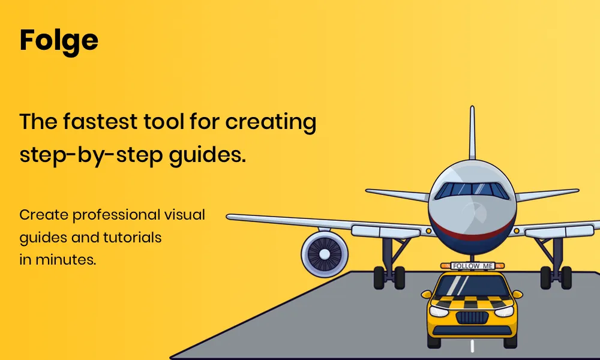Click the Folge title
click(59, 41)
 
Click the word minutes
click(65, 260)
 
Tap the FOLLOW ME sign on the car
click(472, 265)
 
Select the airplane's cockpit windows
click(472, 190)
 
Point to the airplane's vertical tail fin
click(472, 135)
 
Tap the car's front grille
click(472, 316)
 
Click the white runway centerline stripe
click(472, 346)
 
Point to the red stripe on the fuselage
click(472, 235)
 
